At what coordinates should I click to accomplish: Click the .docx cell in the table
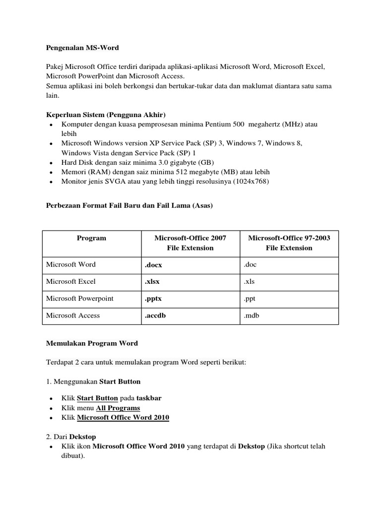[x=153, y=265]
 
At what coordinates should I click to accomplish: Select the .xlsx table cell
[x=152, y=282]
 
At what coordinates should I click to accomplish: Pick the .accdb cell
[x=155, y=316]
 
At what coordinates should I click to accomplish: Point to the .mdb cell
[x=252, y=316]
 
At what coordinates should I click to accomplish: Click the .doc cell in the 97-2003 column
[x=250, y=265]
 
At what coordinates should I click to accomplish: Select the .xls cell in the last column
[x=249, y=282]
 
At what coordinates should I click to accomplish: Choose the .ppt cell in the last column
[x=250, y=299]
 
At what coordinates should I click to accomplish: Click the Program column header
[x=91, y=238]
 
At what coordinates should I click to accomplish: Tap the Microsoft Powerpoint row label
[x=79, y=299]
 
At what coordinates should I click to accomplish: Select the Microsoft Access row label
[x=72, y=316]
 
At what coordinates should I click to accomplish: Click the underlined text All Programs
[x=118, y=408]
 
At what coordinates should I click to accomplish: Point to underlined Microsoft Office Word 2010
[x=123, y=418]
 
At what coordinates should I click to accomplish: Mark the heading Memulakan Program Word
[x=92, y=343]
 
